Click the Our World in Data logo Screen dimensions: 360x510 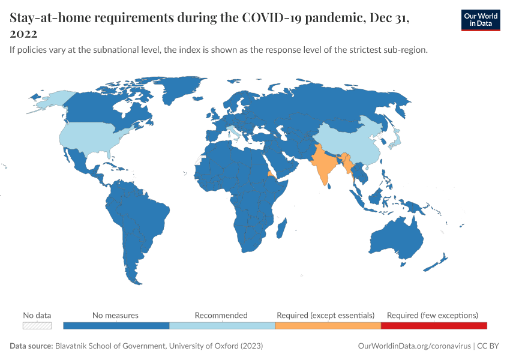click(480, 20)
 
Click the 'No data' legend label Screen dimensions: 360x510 click(37, 315)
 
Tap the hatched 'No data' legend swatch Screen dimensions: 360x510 click(37, 326)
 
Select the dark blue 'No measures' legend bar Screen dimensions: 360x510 click(116, 326)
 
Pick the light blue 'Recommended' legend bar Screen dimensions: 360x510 click(222, 326)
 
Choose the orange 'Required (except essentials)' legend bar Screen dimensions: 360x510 click(328, 326)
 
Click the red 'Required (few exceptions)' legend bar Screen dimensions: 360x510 click(434, 326)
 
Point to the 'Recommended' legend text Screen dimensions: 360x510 click(221, 315)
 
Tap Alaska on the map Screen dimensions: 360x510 click(48, 100)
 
